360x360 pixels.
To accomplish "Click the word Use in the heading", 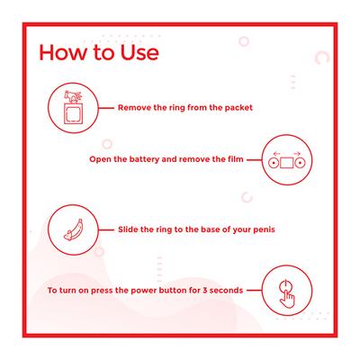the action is click(x=139, y=52).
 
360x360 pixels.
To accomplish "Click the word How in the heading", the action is click(x=62, y=52).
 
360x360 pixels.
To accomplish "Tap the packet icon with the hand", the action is click(x=73, y=108).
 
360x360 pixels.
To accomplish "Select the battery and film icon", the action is click(x=287, y=160).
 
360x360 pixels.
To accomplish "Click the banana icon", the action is click(x=73, y=230).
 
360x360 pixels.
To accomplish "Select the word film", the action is click(x=235, y=159).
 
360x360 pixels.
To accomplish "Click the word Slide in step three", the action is click(x=128, y=229).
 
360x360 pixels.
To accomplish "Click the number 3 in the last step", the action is click(x=205, y=291).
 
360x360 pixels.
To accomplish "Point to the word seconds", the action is click(x=226, y=291).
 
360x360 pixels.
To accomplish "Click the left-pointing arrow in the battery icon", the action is click(x=276, y=153).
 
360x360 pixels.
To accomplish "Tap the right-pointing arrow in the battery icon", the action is click(x=297, y=153).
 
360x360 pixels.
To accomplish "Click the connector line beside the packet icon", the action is click(x=106, y=108).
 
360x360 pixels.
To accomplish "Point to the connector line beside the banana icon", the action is click(x=106, y=230).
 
